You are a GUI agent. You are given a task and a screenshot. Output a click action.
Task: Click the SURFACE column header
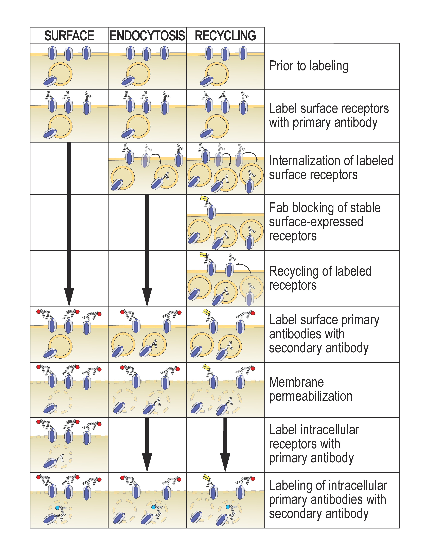69,36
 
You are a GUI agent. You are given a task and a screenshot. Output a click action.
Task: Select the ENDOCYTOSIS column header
147,36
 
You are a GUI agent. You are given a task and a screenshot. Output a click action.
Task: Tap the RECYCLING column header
225,36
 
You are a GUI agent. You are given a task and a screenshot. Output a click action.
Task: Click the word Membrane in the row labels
296,382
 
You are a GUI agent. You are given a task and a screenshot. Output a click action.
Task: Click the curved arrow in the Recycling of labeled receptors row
244,267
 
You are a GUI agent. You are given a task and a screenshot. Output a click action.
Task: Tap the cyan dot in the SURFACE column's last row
57,507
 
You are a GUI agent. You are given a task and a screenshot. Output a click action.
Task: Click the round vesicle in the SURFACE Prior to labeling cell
61,74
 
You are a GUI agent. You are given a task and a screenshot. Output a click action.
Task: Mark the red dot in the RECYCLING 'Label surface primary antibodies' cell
253,313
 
